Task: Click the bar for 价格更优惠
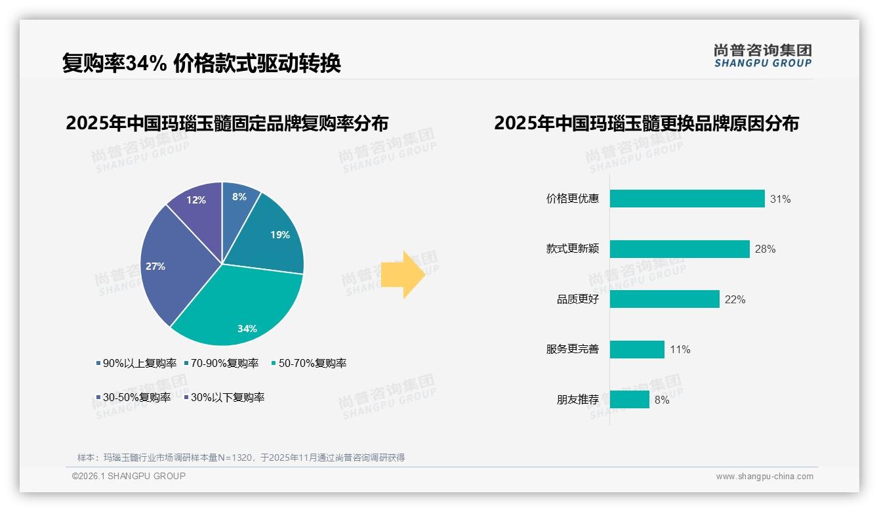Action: click(687, 199)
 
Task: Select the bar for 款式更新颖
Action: click(680, 249)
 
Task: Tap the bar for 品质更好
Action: click(664, 299)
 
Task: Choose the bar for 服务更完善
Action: click(637, 349)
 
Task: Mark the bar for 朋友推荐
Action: click(629, 399)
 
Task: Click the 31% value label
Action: click(781, 199)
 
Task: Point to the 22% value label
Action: click(735, 299)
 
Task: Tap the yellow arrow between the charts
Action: click(403, 274)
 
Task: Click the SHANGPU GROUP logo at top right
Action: click(763, 55)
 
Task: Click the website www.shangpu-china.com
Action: click(764, 476)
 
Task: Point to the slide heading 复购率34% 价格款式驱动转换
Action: click(201, 64)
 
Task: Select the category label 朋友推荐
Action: click(578, 399)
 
